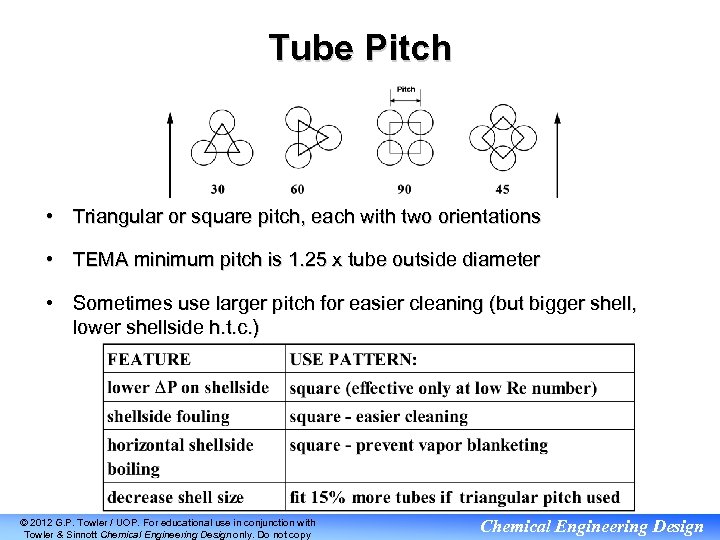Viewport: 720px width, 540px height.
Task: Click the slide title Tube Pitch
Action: (359, 47)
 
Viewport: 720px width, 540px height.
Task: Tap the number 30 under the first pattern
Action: (218, 189)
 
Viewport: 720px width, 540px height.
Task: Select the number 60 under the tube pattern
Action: (298, 189)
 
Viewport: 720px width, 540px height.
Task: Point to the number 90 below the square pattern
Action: (404, 189)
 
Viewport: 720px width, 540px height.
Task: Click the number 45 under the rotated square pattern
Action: (502, 189)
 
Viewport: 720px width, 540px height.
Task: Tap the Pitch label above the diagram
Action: (406, 90)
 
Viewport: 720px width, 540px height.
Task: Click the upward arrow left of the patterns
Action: (170, 155)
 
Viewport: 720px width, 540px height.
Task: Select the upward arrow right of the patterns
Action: (557, 155)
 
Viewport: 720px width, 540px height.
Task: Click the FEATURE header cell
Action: (149, 359)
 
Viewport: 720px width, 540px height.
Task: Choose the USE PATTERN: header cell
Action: (354, 359)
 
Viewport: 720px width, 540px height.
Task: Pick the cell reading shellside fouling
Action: (169, 416)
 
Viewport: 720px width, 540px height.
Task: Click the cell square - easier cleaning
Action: (379, 416)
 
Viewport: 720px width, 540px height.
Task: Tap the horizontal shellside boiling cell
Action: (181, 456)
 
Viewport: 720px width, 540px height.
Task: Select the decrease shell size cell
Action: (176, 497)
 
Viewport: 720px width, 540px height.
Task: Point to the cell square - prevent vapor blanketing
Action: (419, 445)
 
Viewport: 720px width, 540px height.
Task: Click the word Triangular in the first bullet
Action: (119, 216)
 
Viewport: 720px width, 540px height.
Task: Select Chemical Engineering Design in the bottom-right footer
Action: (592, 527)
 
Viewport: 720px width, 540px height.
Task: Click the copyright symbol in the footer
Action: (24, 522)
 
